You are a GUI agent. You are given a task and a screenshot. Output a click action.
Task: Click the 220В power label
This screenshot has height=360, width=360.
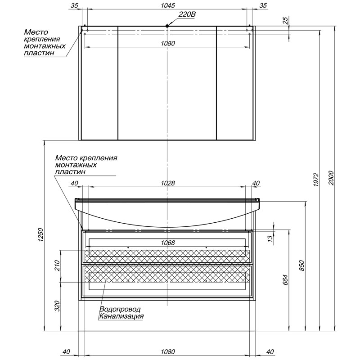(187, 14)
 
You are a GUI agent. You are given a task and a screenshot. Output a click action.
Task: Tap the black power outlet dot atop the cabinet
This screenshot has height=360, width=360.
(167, 26)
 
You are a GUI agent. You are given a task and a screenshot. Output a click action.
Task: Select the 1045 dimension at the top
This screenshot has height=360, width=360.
(168, 5)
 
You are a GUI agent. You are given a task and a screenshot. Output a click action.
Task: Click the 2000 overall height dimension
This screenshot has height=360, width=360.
(331, 178)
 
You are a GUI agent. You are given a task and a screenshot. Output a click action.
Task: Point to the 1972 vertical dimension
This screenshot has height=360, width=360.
(316, 180)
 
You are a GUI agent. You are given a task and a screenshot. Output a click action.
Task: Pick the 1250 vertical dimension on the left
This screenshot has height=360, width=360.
(40, 234)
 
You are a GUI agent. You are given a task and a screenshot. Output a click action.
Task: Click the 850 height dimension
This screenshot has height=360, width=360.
(301, 265)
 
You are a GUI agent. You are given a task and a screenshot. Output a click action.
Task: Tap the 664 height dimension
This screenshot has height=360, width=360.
(285, 280)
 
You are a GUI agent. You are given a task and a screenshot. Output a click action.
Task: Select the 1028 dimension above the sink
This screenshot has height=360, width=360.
(168, 183)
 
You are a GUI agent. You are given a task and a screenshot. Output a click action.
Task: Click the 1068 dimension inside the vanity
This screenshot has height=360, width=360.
(168, 243)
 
